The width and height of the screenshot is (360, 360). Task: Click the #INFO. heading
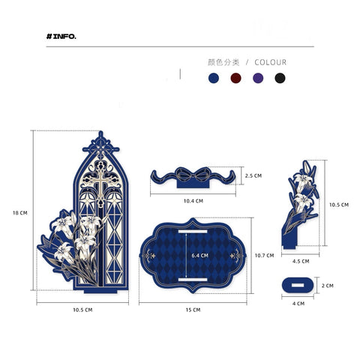61,37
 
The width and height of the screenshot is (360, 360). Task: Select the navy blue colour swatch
214,78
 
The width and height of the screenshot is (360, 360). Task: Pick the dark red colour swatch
235,78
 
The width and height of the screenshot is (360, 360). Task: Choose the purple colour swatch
258,78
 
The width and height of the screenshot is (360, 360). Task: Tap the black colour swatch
280,78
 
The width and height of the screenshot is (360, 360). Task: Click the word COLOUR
271,62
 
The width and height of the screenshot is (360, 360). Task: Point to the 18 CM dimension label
20,213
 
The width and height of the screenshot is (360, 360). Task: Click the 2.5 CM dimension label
253,175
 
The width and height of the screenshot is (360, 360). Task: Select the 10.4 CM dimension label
193,201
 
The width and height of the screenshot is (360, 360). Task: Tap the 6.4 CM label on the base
199,256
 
